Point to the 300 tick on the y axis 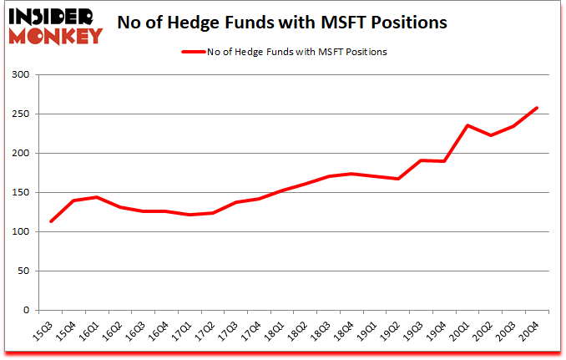tap(22, 75)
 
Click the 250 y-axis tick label tap(22, 114)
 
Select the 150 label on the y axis tap(22, 193)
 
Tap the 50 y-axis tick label tap(24, 271)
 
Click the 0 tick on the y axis tap(28, 311)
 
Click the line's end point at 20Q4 tap(537, 108)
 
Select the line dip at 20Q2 tap(491, 135)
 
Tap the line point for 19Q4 tap(445, 161)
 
